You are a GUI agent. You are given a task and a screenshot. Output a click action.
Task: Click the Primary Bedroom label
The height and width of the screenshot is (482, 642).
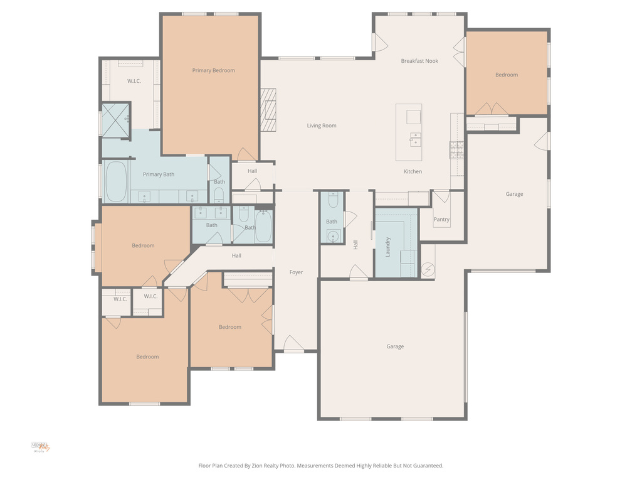pyautogui.click(x=213, y=70)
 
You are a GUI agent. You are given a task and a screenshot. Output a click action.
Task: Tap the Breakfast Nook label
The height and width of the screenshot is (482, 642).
pyautogui.click(x=419, y=61)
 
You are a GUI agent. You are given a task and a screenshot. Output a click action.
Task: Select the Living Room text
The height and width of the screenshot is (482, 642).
pyautogui.click(x=321, y=126)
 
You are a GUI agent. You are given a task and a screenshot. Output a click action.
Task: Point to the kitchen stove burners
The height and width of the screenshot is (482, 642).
pyautogui.click(x=456, y=149)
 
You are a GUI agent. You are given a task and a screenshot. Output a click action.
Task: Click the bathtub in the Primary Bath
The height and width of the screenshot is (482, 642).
pyautogui.click(x=116, y=181)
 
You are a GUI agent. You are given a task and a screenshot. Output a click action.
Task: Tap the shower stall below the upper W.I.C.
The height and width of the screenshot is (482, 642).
pyautogui.click(x=116, y=119)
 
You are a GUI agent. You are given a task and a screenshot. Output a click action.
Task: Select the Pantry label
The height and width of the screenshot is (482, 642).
pyautogui.click(x=441, y=220)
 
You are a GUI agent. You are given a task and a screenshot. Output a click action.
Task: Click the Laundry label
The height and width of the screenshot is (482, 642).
pyautogui.click(x=388, y=246)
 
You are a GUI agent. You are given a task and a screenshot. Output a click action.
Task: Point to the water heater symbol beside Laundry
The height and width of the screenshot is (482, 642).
pyautogui.click(x=428, y=269)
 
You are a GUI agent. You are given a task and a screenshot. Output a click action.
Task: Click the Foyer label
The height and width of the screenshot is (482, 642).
pyautogui.click(x=296, y=272)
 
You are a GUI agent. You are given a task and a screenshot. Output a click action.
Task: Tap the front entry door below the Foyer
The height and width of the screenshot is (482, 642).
pyautogui.click(x=293, y=345)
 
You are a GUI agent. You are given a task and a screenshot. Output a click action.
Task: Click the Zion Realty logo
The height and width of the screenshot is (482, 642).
pyautogui.click(x=40, y=447)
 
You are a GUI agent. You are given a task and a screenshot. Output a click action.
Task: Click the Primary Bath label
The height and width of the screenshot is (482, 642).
pyautogui.click(x=159, y=174)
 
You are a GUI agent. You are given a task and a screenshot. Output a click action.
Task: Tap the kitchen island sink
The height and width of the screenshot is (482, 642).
pyautogui.click(x=415, y=139)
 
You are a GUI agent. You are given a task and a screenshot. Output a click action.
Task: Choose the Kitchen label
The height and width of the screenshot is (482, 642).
pyautogui.click(x=413, y=171)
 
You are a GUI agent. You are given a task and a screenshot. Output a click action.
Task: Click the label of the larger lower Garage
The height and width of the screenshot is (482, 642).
pyautogui.click(x=395, y=346)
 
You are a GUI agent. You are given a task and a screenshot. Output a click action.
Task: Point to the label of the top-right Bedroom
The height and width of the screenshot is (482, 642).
pyautogui.click(x=507, y=75)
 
